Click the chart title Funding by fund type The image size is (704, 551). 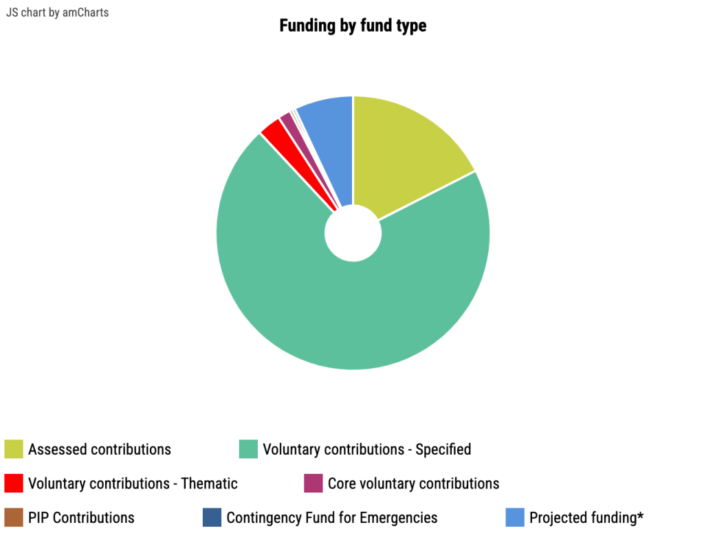(x=353, y=26)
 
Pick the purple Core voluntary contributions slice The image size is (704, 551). (x=286, y=119)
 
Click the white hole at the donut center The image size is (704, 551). (x=353, y=233)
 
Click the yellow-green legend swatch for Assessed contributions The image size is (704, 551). (x=14, y=449)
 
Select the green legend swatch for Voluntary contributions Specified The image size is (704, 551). (x=248, y=449)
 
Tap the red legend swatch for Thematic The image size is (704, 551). (x=14, y=484)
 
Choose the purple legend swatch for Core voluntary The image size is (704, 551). (x=313, y=484)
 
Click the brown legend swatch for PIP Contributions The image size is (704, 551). (x=14, y=517)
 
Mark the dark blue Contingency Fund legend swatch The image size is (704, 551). (x=212, y=517)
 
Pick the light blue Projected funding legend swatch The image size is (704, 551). (x=515, y=517)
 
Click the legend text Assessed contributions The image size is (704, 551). (x=100, y=449)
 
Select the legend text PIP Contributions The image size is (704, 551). (x=81, y=517)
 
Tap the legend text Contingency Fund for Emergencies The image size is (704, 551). (x=332, y=517)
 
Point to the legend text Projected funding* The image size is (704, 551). (x=586, y=517)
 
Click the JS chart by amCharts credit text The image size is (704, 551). (x=57, y=12)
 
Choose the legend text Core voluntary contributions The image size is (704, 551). (x=413, y=484)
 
